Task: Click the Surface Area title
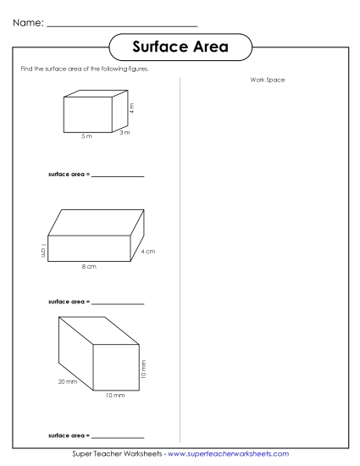(180, 47)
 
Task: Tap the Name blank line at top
(123, 25)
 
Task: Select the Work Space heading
(268, 80)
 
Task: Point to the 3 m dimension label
(125, 133)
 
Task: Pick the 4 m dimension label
(132, 108)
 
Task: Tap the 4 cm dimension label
(147, 252)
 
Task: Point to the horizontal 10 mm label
(115, 395)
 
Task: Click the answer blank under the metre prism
(117, 175)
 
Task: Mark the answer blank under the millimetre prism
(117, 435)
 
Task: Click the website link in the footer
(229, 455)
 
